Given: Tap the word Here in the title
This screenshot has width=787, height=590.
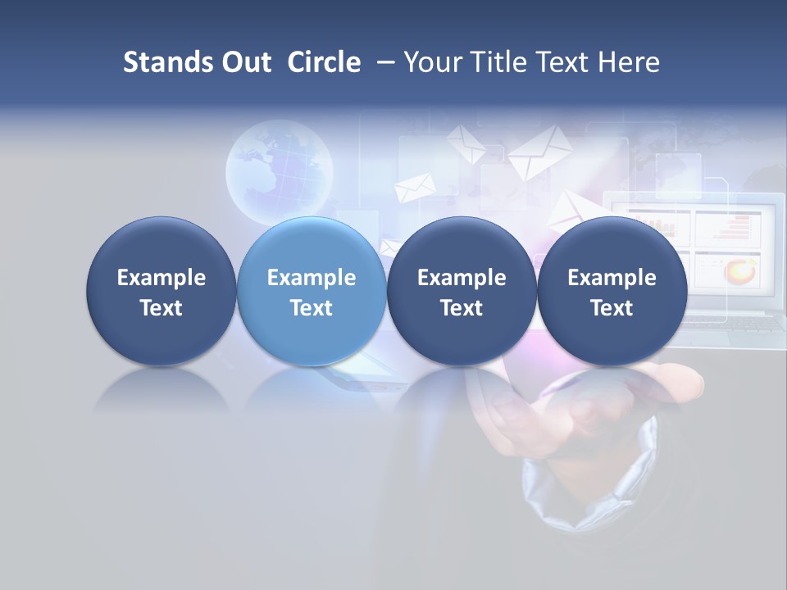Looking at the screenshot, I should click(x=628, y=62).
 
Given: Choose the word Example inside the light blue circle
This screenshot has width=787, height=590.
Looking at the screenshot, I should click(x=312, y=278).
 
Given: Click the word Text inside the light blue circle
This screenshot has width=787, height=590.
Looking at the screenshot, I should click(x=312, y=308).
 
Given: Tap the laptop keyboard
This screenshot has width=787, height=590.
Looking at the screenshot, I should click(x=734, y=323).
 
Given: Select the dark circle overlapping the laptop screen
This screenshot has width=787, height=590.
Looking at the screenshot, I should click(x=612, y=291).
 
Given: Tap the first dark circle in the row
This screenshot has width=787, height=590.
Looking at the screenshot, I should click(x=161, y=291).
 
